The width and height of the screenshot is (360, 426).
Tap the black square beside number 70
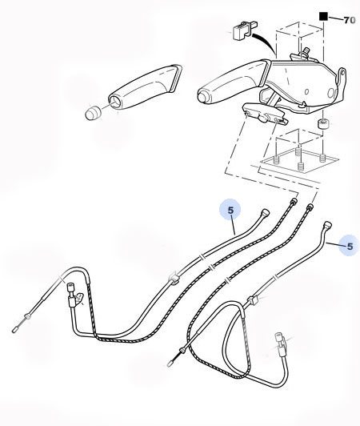[x=324, y=15]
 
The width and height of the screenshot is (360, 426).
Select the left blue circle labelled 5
[x=230, y=211]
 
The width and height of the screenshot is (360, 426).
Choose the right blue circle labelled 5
[x=347, y=244]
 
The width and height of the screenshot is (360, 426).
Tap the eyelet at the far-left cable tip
[x=15, y=327]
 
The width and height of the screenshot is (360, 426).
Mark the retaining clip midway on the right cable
[x=254, y=301]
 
